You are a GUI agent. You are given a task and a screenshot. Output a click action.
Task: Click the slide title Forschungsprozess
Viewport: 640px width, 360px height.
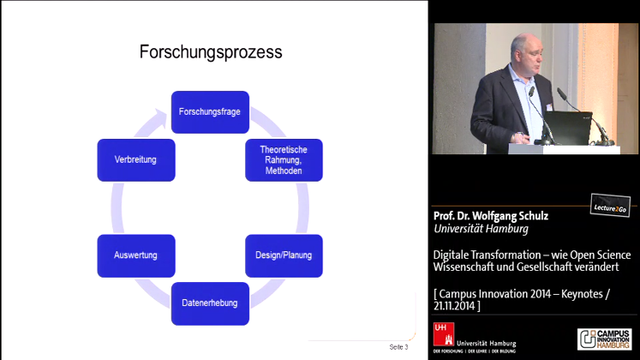[x=211, y=52]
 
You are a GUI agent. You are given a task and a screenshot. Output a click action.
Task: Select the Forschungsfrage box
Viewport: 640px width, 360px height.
[x=210, y=111]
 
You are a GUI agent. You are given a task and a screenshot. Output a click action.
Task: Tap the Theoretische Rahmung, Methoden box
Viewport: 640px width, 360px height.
[x=284, y=159]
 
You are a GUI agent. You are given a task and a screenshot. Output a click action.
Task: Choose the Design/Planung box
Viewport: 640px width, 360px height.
[x=284, y=255]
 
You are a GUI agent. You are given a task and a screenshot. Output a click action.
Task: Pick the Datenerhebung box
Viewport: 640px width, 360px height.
[x=210, y=303]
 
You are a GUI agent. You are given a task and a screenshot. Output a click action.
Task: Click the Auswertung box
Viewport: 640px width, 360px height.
[x=135, y=255]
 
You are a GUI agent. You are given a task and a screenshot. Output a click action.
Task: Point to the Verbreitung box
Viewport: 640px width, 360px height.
[x=135, y=159]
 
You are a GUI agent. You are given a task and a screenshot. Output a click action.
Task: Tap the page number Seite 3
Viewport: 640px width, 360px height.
[x=399, y=347]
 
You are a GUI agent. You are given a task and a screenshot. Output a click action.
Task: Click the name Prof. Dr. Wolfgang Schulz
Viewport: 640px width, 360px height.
[x=491, y=216]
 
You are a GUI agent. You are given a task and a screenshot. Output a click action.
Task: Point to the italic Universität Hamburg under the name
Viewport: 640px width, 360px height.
[x=481, y=229]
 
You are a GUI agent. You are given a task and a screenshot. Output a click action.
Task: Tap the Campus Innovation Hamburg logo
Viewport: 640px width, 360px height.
[x=606, y=339]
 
